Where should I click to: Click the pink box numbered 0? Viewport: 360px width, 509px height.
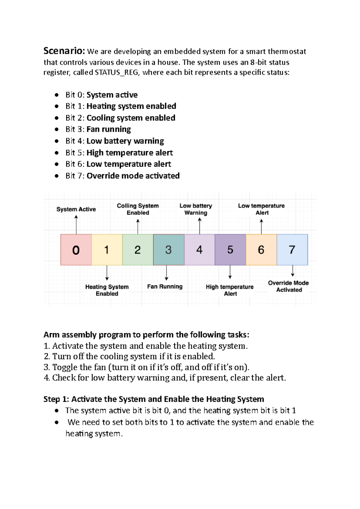[x=76, y=250]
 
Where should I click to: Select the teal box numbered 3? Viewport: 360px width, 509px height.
[x=169, y=250]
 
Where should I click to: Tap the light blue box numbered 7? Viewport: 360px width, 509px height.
[x=292, y=250]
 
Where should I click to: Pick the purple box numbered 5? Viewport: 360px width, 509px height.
[x=230, y=250]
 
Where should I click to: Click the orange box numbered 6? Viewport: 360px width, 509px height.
[x=261, y=250]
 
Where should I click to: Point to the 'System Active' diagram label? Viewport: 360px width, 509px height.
[x=76, y=209]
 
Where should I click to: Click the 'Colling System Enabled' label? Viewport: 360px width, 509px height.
[x=138, y=209]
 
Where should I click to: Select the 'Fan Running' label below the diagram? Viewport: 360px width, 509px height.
[x=165, y=287]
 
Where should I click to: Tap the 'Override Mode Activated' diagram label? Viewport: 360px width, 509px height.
[x=289, y=286]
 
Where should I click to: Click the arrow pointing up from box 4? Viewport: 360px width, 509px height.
[x=199, y=226]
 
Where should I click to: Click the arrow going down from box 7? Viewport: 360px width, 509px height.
[x=292, y=271]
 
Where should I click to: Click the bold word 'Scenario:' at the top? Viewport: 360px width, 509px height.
[x=64, y=51]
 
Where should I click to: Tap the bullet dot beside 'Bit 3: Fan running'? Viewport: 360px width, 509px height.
[x=57, y=129]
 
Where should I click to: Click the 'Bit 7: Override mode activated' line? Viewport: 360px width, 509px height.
[x=122, y=176]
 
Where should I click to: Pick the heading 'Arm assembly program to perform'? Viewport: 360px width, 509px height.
[x=146, y=335]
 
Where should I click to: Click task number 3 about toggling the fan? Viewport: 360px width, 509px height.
[x=146, y=367]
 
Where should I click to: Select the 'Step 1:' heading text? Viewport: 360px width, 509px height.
[x=56, y=399]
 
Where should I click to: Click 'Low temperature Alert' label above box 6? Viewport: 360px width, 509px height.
[x=261, y=209]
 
